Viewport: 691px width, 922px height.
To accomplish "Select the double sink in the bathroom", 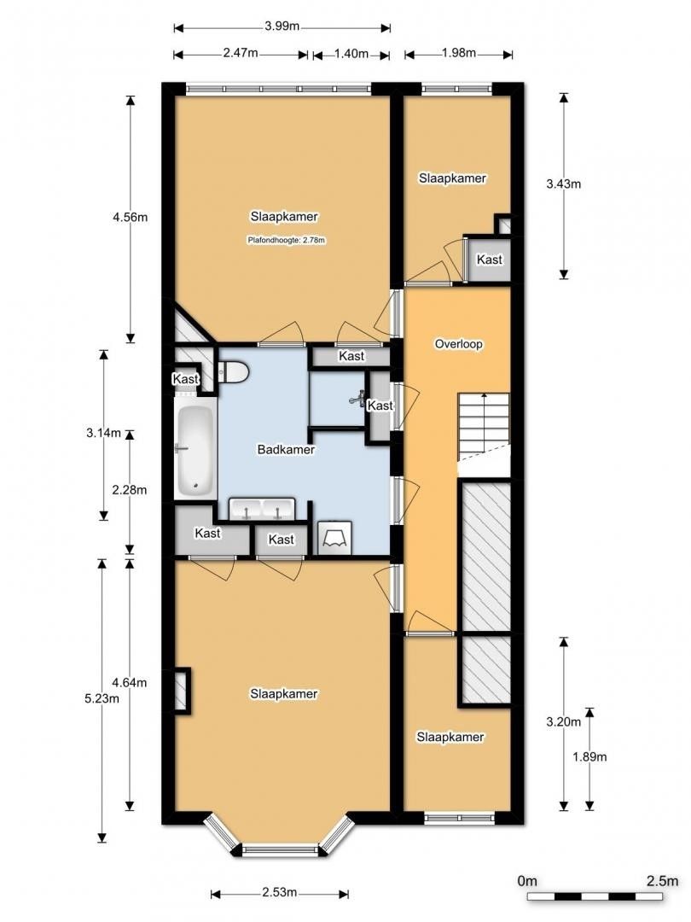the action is pyautogui.click(x=262, y=509).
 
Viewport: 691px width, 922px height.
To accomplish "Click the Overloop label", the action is pyautogui.click(x=458, y=344).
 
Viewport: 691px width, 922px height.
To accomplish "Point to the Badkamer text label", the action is pyautogui.click(x=286, y=449).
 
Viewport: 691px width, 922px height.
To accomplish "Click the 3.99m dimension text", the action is pyautogui.click(x=282, y=26).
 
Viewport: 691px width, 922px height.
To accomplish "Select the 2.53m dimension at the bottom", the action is pyautogui.click(x=280, y=893).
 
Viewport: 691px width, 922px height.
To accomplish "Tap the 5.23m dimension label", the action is pyautogui.click(x=102, y=698).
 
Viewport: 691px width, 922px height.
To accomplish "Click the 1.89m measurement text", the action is pyautogui.click(x=590, y=756).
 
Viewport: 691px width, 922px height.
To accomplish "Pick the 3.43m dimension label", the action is pyautogui.click(x=564, y=184).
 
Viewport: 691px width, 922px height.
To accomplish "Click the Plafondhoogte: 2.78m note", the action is pyautogui.click(x=286, y=240).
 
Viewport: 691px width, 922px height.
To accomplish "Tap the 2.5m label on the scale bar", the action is pyautogui.click(x=662, y=881).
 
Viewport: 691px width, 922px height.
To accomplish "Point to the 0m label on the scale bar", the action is pyautogui.click(x=527, y=881).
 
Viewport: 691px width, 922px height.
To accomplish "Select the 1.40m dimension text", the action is pyautogui.click(x=351, y=54).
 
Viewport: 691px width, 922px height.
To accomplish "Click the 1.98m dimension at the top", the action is pyautogui.click(x=459, y=53).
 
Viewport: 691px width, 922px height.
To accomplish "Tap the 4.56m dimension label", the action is pyautogui.click(x=131, y=217).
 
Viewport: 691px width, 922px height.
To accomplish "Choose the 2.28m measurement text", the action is pyautogui.click(x=130, y=490).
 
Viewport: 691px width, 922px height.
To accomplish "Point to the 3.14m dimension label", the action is pyautogui.click(x=103, y=434).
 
